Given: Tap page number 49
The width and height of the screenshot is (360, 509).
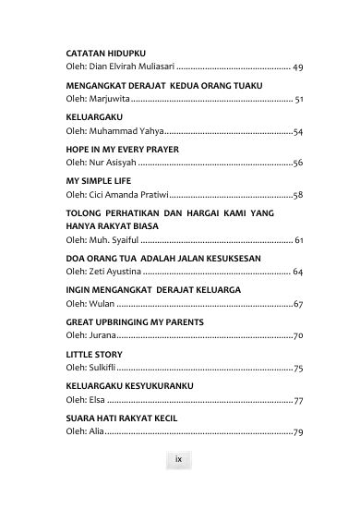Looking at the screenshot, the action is click(x=298, y=67).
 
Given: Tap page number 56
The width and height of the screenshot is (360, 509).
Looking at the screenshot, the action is click(x=298, y=162).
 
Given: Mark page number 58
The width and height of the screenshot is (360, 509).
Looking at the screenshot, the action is click(x=298, y=195).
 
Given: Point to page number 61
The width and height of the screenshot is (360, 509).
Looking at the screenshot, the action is click(x=299, y=240).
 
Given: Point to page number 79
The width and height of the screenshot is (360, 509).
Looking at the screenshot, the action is click(x=298, y=432).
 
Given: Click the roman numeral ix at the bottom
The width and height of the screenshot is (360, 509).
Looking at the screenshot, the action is click(x=179, y=459).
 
